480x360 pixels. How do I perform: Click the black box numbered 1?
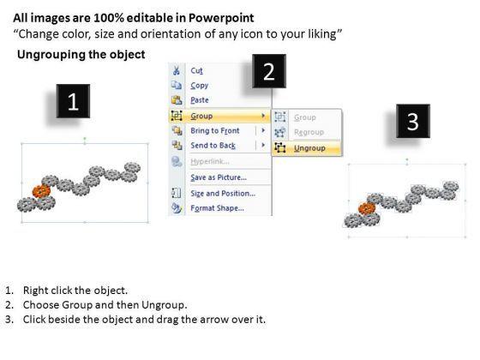tap(73, 101)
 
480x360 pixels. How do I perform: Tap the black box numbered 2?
tap(269, 71)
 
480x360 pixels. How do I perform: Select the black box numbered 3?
tap(413, 121)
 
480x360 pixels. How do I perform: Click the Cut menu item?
tap(196, 70)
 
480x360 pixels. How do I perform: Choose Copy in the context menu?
tap(199, 86)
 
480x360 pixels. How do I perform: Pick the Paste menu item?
tap(200, 100)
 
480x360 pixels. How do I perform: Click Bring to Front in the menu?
tap(215, 130)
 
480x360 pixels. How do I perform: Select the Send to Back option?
tap(213, 146)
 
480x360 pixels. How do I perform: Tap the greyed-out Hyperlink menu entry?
tap(210, 161)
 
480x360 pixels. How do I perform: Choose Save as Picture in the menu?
tap(219, 177)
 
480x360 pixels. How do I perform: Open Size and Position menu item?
tap(223, 194)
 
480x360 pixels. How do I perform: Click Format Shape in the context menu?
tap(218, 208)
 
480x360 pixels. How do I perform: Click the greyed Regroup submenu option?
tap(309, 132)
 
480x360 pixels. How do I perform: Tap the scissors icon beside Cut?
tap(177, 70)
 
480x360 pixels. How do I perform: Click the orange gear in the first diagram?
tap(41, 191)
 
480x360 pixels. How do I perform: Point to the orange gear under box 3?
tap(367, 208)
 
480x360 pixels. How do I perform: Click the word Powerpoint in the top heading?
tap(221, 18)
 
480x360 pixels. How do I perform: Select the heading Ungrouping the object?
tap(81, 55)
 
